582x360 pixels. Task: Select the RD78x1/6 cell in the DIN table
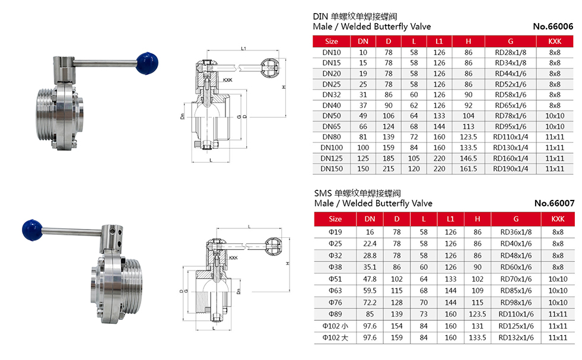(x=510, y=116)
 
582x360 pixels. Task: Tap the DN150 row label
(x=332, y=169)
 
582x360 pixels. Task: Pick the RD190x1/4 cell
(x=510, y=169)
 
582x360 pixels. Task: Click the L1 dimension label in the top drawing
(x=244, y=48)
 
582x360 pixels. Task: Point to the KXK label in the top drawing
(x=227, y=79)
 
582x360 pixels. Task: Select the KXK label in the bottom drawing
(x=233, y=258)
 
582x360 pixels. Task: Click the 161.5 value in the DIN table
(x=469, y=169)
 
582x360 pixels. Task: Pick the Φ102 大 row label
(x=335, y=337)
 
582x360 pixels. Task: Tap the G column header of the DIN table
(x=510, y=41)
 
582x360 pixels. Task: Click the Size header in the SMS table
(x=335, y=219)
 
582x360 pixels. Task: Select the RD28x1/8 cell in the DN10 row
(x=510, y=52)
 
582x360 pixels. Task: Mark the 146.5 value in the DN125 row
(x=469, y=158)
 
